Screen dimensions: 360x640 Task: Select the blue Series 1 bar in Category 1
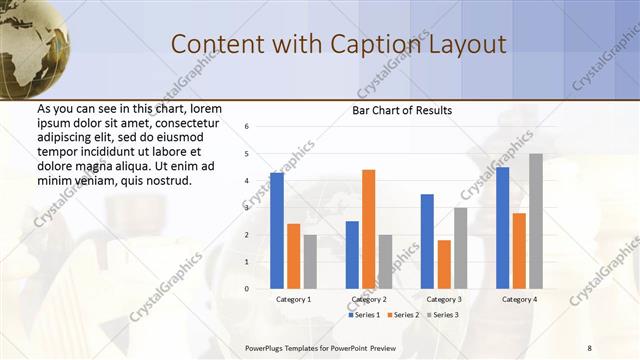point(277,231)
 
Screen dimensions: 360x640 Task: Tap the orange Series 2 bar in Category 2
point(368,229)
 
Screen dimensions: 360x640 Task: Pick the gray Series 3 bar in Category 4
point(536,221)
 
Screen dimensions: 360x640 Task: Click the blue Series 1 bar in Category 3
point(427,241)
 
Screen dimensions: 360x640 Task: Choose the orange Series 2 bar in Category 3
point(444,264)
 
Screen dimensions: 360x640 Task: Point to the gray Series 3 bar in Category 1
point(310,261)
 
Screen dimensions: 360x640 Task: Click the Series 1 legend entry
point(363,314)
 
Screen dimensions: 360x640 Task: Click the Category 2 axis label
point(368,299)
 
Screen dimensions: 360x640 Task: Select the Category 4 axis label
point(518,299)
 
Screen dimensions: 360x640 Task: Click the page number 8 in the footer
point(590,347)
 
